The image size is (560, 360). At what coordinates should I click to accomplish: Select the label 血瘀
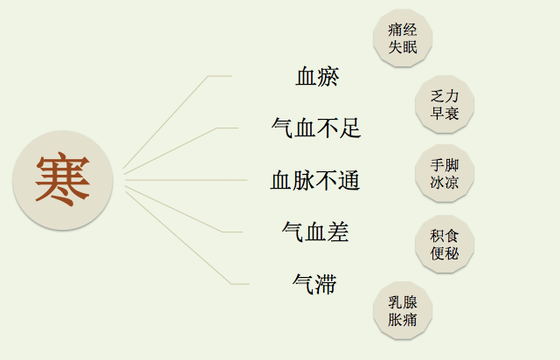(x=317, y=77)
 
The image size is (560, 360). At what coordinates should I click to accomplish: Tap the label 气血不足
(x=316, y=128)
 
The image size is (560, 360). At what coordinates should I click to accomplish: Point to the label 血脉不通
(x=315, y=181)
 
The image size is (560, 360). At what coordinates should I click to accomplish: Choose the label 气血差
(x=315, y=232)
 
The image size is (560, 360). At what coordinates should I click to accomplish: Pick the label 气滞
(x=315, y=284)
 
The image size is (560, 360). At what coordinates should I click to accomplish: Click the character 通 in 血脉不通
(x=348, y=181)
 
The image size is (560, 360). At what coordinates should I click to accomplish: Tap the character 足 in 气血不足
(x=349, y=128)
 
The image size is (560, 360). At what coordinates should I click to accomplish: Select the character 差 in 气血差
(x=337, y=232)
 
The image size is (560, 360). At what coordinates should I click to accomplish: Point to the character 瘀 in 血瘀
(x=328, y=77)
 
